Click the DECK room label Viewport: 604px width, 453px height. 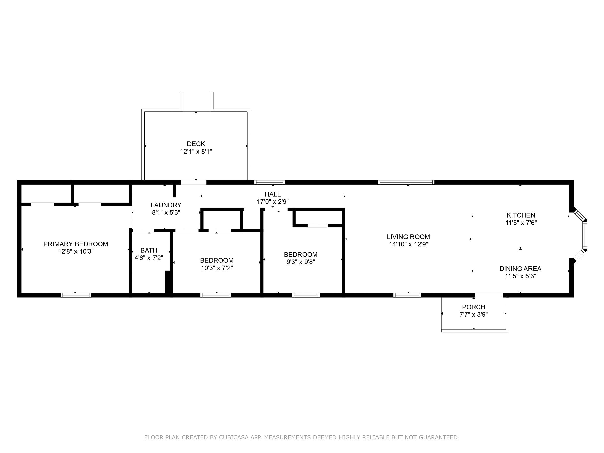point(196,144)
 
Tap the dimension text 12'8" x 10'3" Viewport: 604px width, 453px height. point(76,251)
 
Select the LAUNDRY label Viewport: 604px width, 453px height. point(166,205)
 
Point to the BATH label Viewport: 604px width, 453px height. point(149,250)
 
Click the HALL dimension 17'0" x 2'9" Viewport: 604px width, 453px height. point(273,202)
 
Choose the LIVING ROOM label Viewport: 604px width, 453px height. point(408,237)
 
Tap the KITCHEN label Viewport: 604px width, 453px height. point(521,215)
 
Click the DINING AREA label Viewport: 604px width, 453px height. point(520,269)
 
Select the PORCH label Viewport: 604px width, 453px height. point(473,307)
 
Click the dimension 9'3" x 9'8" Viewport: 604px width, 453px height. point(301,262)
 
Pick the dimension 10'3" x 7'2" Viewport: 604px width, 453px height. point(216,268)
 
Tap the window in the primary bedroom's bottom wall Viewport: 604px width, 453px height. point(76,295)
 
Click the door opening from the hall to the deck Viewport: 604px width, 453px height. point(193,182)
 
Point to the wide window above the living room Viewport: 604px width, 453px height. point(406,182)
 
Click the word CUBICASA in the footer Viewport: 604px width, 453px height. point(234,437)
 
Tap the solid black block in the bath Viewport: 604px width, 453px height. point(168,282)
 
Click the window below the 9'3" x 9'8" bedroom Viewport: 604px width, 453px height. point(306,295)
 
